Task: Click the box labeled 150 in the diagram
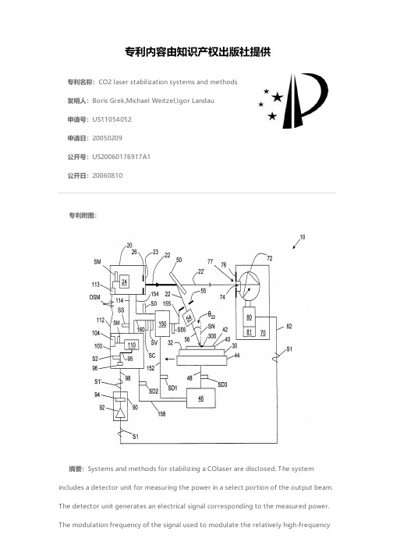tap(162, 324)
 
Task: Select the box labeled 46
tap(200, 398)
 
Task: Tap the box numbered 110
tap(132, 345)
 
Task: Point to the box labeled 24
tap(124, 282)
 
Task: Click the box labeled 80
tap(249, 317)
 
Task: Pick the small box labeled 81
tap(249, 332)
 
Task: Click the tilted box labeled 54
tap(189, 317)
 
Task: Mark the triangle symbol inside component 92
tap(121, 413)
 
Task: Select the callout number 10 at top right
tap(303, 237)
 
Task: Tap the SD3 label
tap(222, 384)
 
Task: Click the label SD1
tap(172, 388)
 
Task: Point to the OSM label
tap(94, 297)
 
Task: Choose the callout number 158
tap(161, 413)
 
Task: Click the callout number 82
tap(289, 326)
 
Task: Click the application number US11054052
tap(112, 119)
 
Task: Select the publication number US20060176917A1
tap(122, 157)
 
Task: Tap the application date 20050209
tap(107, 138)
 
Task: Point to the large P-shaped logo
tap(306, 101)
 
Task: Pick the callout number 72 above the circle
tap(270, 258)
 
